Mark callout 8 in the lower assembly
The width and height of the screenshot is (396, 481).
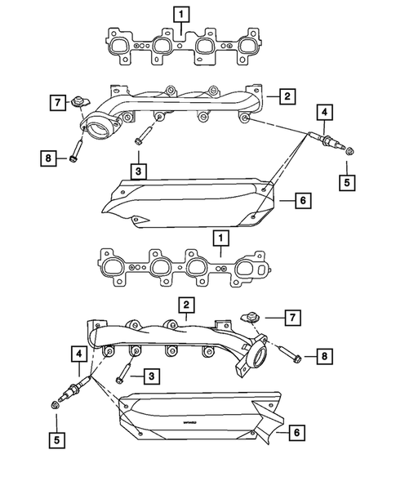[323, 357]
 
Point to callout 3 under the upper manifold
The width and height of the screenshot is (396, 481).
[140, 170]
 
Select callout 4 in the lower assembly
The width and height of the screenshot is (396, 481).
[78, 353]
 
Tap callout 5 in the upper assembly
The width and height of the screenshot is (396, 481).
[347, 184]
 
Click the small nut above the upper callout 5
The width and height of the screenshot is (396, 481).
[349, 151]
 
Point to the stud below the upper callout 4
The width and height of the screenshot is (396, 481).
[323, 141]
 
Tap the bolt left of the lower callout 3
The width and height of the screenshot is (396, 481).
[122, 375]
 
